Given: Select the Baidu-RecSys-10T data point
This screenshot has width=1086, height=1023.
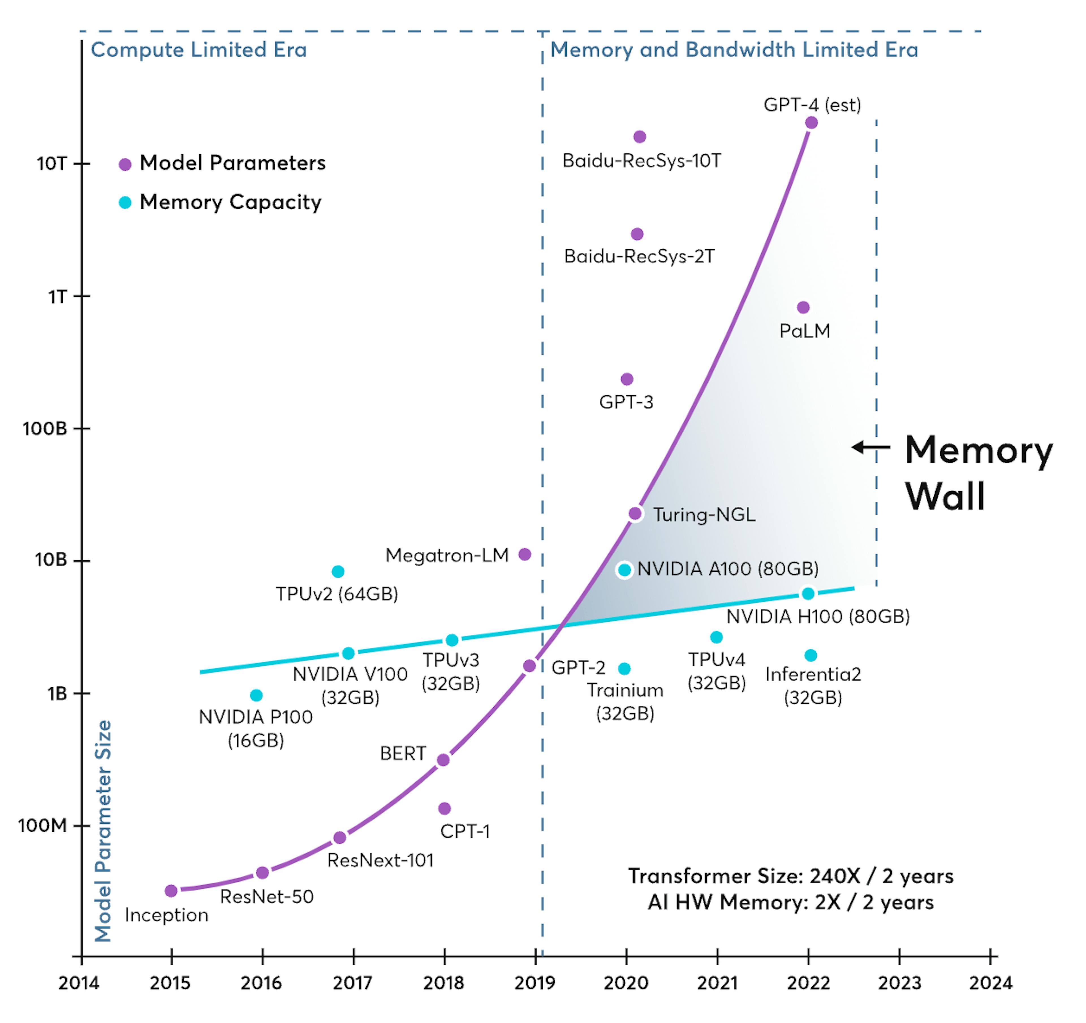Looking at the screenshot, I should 640,136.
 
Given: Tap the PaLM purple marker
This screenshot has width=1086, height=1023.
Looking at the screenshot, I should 803,307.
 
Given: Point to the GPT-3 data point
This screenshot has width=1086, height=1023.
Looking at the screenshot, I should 627,379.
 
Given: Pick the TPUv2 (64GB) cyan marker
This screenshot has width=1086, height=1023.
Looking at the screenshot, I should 338,571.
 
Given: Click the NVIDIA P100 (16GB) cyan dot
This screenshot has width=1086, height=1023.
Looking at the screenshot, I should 256,695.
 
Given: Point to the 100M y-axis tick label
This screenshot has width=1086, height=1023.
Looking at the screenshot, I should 43,825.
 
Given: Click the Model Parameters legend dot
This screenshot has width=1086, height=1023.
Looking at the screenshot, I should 125,164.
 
